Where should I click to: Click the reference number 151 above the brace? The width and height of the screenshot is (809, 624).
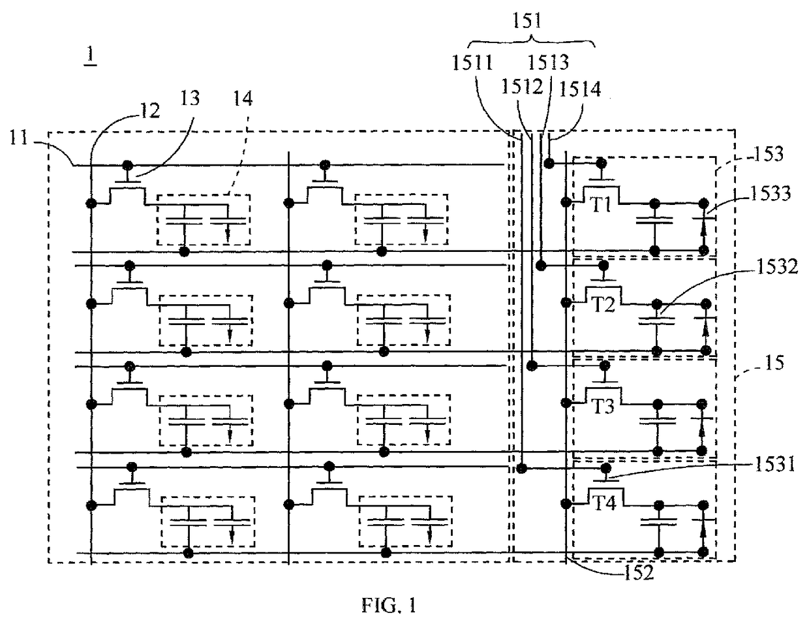tap(527, 20)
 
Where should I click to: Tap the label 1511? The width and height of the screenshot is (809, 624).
tap(472, 62)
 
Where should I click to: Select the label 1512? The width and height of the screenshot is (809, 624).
tap(522, 86)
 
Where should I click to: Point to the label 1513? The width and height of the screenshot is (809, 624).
tap(549, 62)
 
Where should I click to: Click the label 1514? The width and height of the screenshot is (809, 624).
tap(580, 89)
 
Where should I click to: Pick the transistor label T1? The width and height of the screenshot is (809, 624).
tap(602, 204)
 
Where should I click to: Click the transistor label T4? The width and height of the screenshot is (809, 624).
tap(605, 503)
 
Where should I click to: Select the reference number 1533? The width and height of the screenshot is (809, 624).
tap(771, 194)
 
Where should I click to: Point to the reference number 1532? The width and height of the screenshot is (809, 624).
tap(777, 266)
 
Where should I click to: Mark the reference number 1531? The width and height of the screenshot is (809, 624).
tap(775, 464)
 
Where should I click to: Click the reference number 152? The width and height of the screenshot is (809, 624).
tap(639, 573)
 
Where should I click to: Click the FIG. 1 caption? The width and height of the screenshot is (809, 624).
tap(389, 605)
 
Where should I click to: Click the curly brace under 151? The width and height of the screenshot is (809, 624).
tap(531, 42)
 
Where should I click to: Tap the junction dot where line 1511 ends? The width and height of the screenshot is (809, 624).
tap(522, 468)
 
